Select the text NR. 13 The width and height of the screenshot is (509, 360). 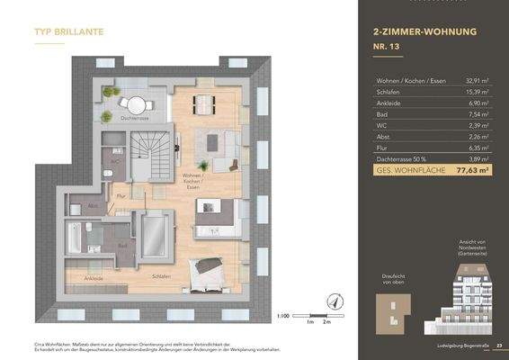pos(388,49)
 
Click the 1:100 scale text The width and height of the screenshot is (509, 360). pos(283,317)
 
